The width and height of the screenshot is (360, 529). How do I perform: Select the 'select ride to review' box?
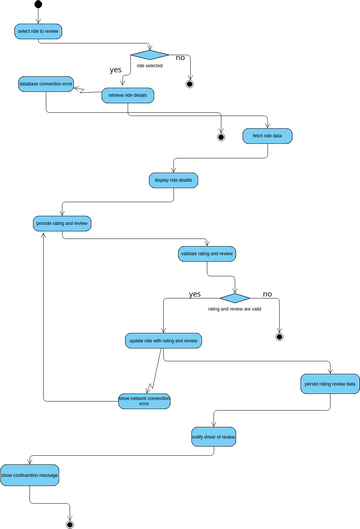tap(39, 31)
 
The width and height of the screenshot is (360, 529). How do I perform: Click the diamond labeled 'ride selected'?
tap(149, 55)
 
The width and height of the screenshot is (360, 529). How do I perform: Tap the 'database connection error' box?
tap(46, 85)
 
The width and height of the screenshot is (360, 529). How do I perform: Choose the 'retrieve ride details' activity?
tap(127, 95)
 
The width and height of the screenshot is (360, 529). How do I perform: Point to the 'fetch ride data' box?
tap(267, 135)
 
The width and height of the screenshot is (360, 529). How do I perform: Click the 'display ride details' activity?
tap(173, 180)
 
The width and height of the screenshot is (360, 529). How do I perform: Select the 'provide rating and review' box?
tap(63, 223)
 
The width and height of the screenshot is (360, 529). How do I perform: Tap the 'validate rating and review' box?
tap(207, 254)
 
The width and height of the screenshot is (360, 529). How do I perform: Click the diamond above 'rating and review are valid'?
tap(234, 297)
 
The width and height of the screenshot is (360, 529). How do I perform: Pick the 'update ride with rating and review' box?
tap(164, 340)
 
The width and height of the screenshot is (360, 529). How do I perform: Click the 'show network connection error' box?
tap(144, 400)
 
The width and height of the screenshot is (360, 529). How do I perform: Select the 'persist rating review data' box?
tap(330, 383)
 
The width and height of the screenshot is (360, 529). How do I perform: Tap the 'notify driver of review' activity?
tap(213, 437)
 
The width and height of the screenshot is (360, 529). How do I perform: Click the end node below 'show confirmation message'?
tap(70, 523)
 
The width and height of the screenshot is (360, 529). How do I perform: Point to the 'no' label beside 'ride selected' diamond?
tap(180, 58)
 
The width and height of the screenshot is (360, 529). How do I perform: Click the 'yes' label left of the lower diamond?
tap(194, 294)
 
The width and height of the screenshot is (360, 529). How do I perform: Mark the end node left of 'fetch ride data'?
tap(222, 137)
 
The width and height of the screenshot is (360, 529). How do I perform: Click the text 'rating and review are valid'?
tap(234, 310)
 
